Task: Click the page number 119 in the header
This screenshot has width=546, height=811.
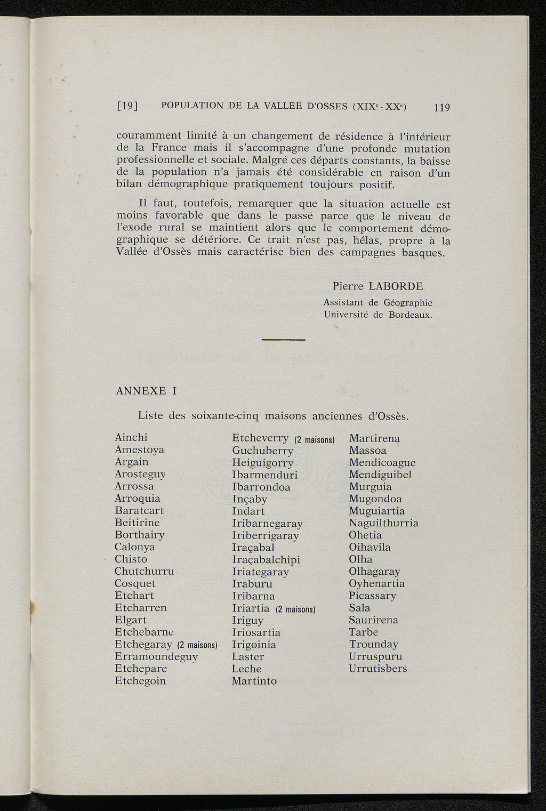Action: click(x=442, y=107)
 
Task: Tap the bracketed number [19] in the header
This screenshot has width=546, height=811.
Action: click(x=127, y=106)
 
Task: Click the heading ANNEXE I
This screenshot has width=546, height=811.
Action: click(x=146, y=391)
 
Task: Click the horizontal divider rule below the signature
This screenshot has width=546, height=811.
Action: click(x=284, y=340)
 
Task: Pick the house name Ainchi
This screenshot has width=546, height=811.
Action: click(x=131, y=437)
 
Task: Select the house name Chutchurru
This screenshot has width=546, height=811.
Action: click(x=144, y=571)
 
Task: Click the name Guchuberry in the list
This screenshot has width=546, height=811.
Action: click(x=262, y=451)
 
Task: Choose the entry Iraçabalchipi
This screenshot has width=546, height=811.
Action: click(x=266, y=560)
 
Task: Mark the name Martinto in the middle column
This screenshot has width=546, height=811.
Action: click(x=254, y=681)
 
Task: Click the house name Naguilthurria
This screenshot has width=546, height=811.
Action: click(x=383, y=523)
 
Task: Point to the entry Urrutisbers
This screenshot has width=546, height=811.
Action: click(x=378, y=669)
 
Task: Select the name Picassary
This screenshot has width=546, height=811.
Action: click(x=372, y=596)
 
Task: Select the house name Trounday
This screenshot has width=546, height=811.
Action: click(x=373, y=644)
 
